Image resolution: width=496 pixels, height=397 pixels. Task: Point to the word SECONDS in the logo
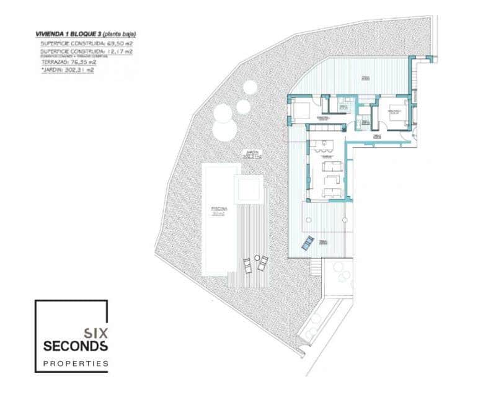[76, 346]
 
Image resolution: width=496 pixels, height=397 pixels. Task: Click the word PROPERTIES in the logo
[76, 363]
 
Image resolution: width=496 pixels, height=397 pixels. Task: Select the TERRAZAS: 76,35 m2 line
[68, 62]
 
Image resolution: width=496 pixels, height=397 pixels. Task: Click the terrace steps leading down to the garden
[316, 269]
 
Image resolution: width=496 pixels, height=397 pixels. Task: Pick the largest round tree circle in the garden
[225, 114]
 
